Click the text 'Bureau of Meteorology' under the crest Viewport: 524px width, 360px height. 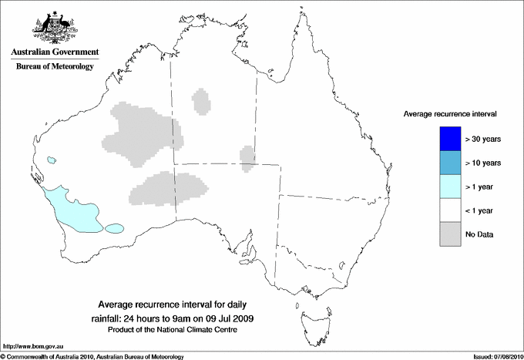pos(54,67)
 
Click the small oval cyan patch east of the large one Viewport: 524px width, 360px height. pos(115,228)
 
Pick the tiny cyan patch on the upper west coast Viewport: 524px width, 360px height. pos(52,160)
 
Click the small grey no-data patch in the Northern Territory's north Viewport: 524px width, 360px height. pos(202,102)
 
